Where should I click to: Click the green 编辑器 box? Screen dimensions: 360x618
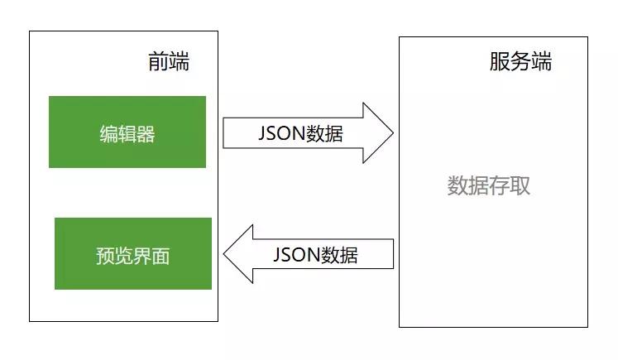coord(127,132)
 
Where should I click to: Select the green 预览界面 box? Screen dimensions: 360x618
coord(133,253)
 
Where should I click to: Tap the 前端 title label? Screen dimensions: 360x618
coord(169,62)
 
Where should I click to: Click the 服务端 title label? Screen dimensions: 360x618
coord(520,62)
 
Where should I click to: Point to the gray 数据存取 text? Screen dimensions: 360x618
coord(489,185)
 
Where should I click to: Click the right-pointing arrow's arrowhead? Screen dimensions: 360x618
coord(379,132)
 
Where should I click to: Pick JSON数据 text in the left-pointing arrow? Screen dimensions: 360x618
coord(315,253)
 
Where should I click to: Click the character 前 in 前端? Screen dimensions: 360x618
coord(159,62)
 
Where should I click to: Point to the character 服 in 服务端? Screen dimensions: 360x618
coord(500,62)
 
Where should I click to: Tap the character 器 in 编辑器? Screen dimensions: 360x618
coord(146,134)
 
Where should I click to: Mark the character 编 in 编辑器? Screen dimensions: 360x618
coord(108,134)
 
